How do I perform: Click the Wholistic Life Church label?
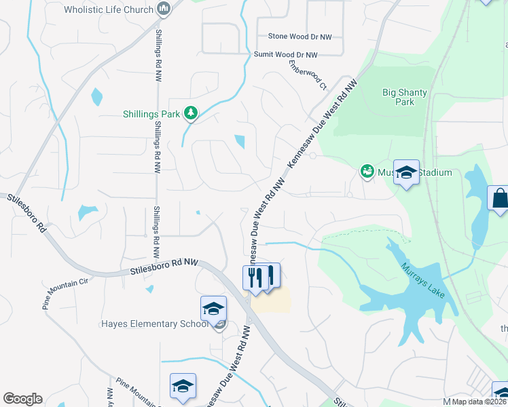tap(109, 9)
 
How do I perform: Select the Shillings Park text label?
tap(151, 114)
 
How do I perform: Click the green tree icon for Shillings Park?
tap(192, 113)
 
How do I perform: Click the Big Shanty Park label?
tap(398, 97)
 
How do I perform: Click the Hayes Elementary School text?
tap(155, 324)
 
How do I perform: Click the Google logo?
tap(22, 399)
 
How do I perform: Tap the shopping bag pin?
tap(499, 199)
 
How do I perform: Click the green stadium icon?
tap(367, 172)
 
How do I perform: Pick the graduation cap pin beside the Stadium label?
tap(406, 173)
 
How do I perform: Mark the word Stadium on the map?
tap(435, 172)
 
